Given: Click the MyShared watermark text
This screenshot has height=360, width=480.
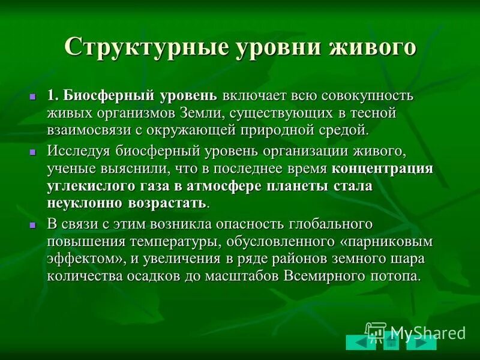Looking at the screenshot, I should [427, 332].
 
